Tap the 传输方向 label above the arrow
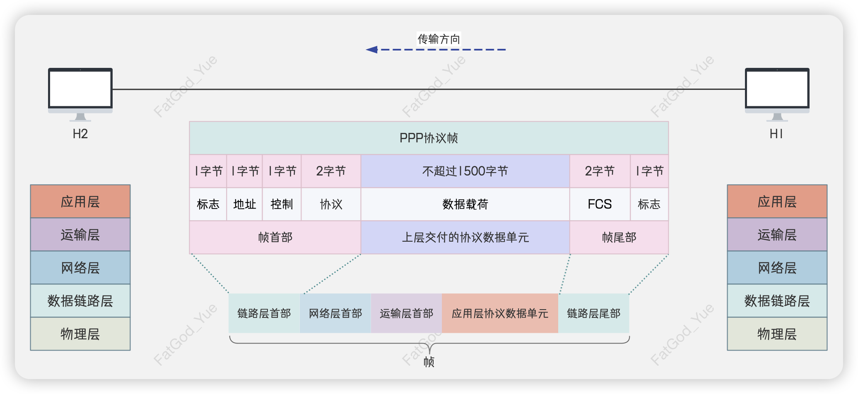pos(439,39)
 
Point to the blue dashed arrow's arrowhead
pos(371,50)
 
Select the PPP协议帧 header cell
pos(429,138)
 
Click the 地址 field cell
pos(244,204)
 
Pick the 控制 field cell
pos(282,204)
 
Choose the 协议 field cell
pos(331,204)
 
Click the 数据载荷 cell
pos(465,204)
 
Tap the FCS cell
pos(600,204)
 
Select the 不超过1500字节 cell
pos(465,171)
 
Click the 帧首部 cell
pos(275,237)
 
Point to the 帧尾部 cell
pos(619,237)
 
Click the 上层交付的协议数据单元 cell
pos(465,237)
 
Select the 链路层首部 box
pos(264,313)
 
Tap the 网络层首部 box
pos(335,313)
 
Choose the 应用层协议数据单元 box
pos(500,313)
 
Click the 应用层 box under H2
pos(80,202)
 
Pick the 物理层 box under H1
pos(777,334)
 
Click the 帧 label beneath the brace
pos(429,362)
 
